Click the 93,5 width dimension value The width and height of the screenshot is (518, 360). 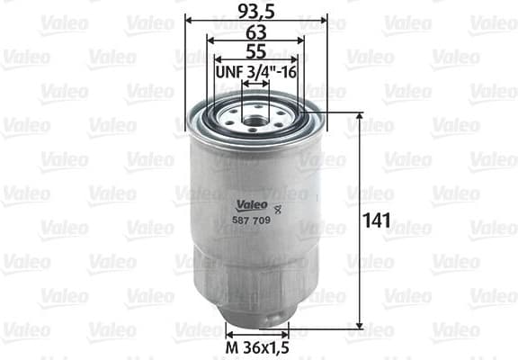click(255, 12)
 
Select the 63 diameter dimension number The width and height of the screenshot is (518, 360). click(255, 32)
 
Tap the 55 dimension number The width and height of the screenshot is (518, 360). click(255, 52)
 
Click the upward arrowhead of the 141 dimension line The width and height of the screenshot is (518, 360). click(361, 117)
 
